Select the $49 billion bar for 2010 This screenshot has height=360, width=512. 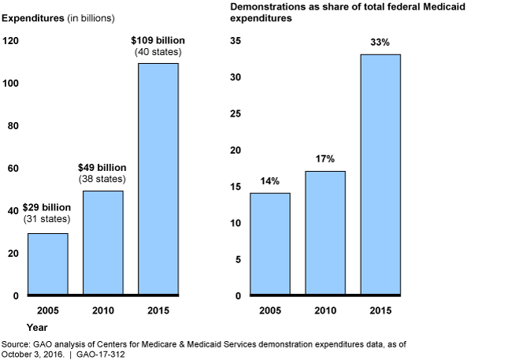pos(102,243)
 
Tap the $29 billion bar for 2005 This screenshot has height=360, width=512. pos(47,264)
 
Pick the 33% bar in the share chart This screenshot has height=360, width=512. pos(380,175)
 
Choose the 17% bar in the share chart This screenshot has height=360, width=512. pos(325,233)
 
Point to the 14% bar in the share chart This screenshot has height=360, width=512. pos(270,244)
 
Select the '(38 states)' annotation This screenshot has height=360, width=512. pos(102,180)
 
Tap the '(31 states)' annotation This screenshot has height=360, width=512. pos(47,219)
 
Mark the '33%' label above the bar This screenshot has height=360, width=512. pos(380,43)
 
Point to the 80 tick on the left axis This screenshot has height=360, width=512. pos(13,126)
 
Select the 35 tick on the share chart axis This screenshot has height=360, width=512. pos(236,41)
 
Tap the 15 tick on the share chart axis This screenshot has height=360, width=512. pos(236,187)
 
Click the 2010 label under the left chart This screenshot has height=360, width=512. pos(102,310)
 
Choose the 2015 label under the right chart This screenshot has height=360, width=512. pos(380,310)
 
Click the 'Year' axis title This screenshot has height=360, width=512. pos(37,325)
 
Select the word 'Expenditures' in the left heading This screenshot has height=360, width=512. pos(32,17)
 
